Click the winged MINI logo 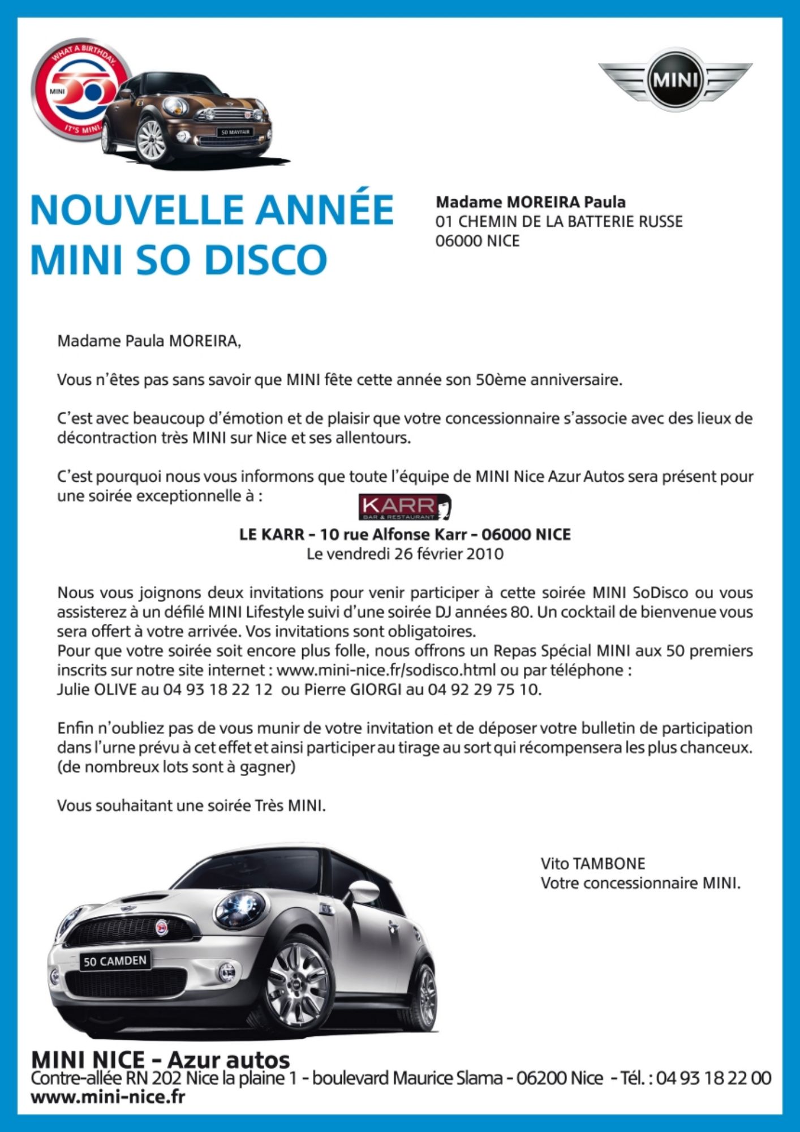click(x=675, y=80)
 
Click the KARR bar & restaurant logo click(x=405, y=507)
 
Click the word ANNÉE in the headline click(x=324, y=210)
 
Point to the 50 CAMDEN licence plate click(x=115, y=961)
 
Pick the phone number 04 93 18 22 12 click(x=218, y=690)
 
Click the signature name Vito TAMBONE click(x=593, y=864)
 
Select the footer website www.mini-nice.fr click(x=107, y=1097)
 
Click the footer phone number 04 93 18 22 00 click(x=714, y=1078)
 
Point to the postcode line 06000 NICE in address click(x=477, y=241)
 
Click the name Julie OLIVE click(x=97, y=690)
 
